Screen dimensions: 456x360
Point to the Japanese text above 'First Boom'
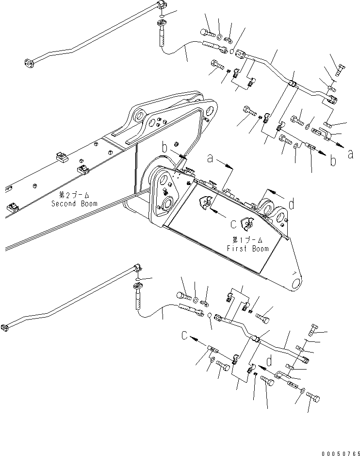pos(247,240)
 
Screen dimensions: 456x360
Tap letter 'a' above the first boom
pos(210,158)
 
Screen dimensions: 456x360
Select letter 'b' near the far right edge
pos(333,161)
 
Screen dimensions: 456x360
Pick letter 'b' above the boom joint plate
pos(165,147)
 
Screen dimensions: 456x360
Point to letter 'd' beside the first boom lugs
pos(291,205)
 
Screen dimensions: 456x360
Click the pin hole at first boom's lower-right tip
pos(295,282)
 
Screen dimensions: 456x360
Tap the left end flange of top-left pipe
pos(28,63)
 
